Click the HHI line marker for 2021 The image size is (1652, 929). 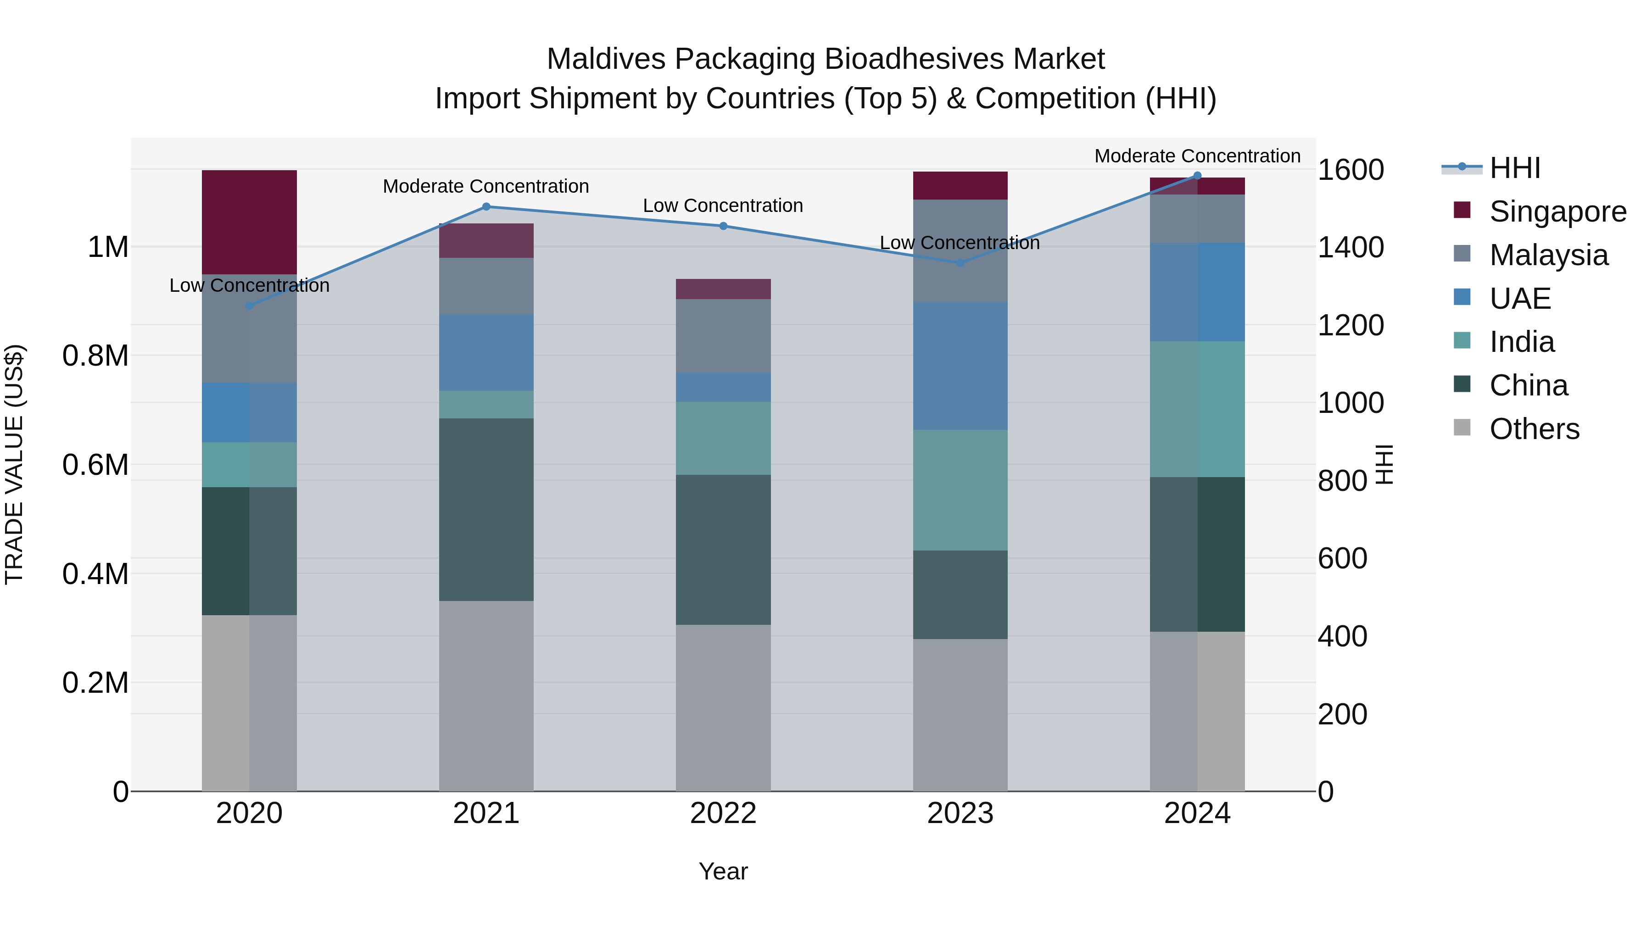click(486, 206)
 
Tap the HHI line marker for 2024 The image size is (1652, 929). click(1197, 176)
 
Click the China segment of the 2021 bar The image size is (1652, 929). click(486, 509)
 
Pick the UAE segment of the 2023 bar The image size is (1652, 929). click(960, 366)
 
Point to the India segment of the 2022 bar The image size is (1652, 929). click(723, 438)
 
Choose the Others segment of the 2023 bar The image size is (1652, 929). click(960, 714)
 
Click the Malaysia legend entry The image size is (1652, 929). click(1548, 255)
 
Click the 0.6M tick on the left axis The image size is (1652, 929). click(95, 465)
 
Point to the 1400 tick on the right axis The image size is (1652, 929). click(1351, 247)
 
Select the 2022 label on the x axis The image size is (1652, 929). click(723, 813)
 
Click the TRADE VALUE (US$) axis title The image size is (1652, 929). click(14, 464)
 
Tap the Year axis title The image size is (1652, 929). click(723, 871)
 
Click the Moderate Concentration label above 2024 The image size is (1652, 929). click(1197, 156)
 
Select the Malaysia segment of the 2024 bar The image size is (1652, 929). click(1197, 219)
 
